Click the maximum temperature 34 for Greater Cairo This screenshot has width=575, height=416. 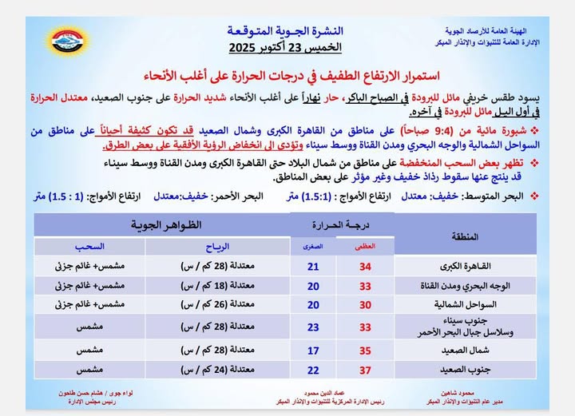coord(365,266)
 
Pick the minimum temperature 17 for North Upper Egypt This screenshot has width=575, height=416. coord(313,349)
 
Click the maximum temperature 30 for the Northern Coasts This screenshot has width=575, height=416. coord(365,304)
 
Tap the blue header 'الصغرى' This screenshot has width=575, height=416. coord(313,248)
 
